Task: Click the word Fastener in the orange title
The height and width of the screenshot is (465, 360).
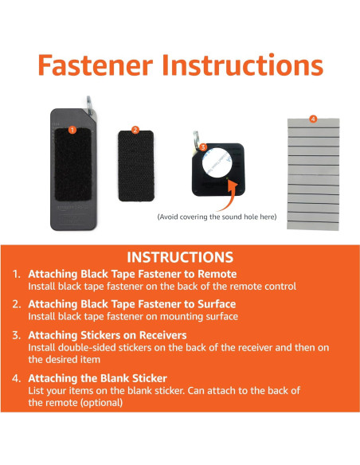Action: (96, 65)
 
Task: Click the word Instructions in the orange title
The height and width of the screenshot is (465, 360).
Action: (242, 65)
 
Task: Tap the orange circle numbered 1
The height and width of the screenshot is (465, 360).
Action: (72, 130)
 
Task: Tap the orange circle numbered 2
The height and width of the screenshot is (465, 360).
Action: (135, 130)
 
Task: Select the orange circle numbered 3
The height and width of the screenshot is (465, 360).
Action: (203, 147)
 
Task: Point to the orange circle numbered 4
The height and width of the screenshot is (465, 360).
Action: (313, 119)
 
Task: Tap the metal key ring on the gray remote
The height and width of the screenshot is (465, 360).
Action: (89, 104)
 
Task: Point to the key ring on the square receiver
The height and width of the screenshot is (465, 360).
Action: (197, 139)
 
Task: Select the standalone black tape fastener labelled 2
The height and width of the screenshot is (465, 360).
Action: (136, 166)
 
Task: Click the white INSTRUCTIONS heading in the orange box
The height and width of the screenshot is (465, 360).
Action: (180, 257)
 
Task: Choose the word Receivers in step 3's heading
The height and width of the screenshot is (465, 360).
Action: (162, 335)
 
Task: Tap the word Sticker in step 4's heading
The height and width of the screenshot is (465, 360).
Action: (150, 378)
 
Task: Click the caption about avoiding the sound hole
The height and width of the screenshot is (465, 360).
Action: (217, 217)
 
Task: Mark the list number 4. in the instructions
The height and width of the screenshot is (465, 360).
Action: (17, 378)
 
